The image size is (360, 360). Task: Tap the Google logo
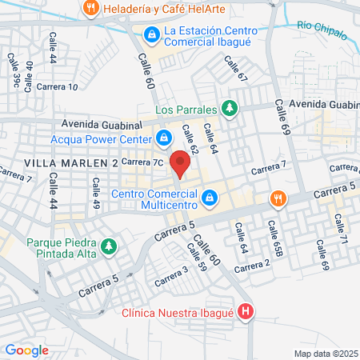26,350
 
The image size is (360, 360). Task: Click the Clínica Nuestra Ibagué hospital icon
246,313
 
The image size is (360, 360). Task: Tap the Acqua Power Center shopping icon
163,138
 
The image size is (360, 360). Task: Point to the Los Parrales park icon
230,108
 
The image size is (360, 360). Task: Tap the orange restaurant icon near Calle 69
277,198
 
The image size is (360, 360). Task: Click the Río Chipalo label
322,30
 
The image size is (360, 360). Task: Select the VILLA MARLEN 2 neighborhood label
71,163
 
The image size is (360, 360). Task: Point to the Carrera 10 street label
57,86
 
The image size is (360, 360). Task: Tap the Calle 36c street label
14,72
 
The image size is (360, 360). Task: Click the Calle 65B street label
275,239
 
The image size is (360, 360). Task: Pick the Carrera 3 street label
170,275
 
